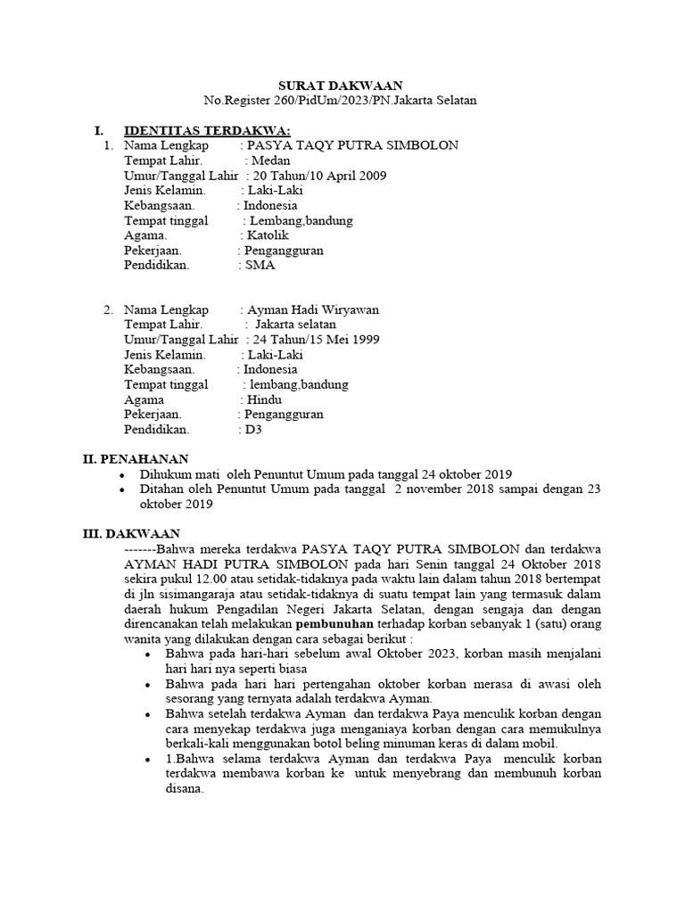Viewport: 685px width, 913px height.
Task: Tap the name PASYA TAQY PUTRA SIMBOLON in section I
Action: coord(352,145)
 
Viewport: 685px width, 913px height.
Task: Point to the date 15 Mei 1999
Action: coord(342,340)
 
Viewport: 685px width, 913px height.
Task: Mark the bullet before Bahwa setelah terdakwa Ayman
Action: coord(147,715)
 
